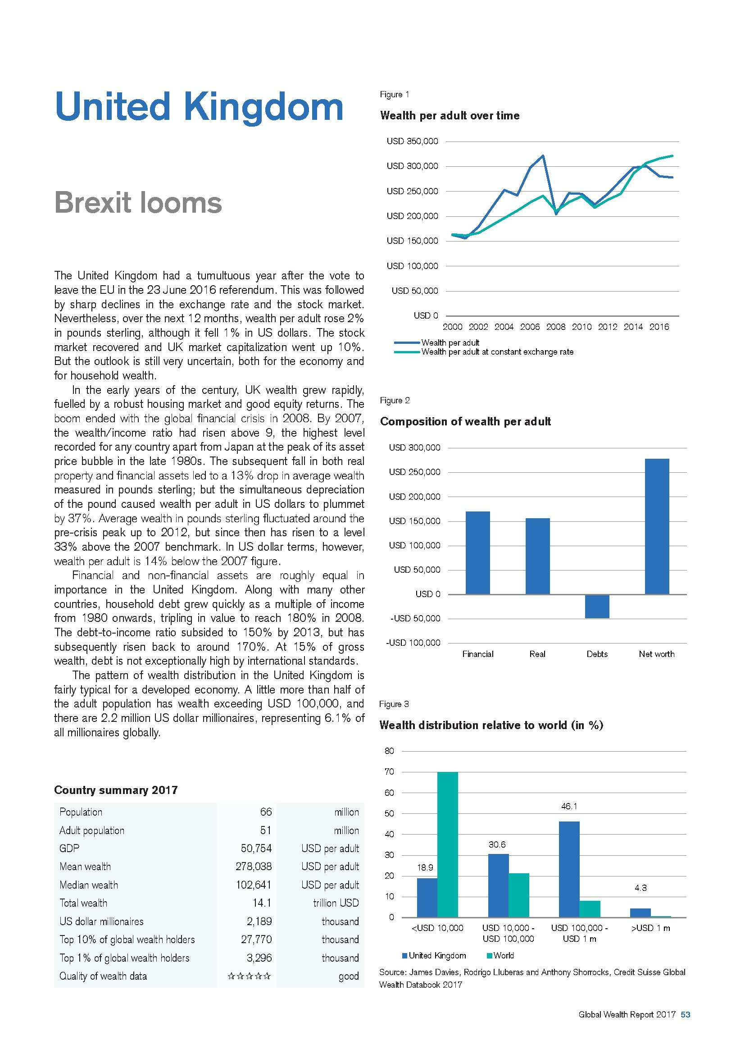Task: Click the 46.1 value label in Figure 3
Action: tap(569, 806)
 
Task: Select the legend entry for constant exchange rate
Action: tap(497, 352)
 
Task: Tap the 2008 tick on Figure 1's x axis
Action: tap(555, 327)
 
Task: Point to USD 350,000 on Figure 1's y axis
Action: tap(412, 141)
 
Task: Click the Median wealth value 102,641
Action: tap(253, 885)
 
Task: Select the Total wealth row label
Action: tap(83, 903)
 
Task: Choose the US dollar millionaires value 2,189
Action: tap(257, 922)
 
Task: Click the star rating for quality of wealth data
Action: tap(249, 976)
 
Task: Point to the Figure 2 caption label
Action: tap(395, 400)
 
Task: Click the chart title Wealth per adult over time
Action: tap(450, 115)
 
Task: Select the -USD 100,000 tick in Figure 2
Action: tap(413, 643)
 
